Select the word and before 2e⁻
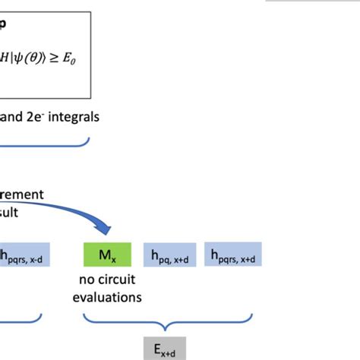pyautogui.click(x=13, y=118)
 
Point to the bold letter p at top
pyautogui.click(x=3, y=23)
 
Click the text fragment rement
pyautogui.click(x=21, y=194)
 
